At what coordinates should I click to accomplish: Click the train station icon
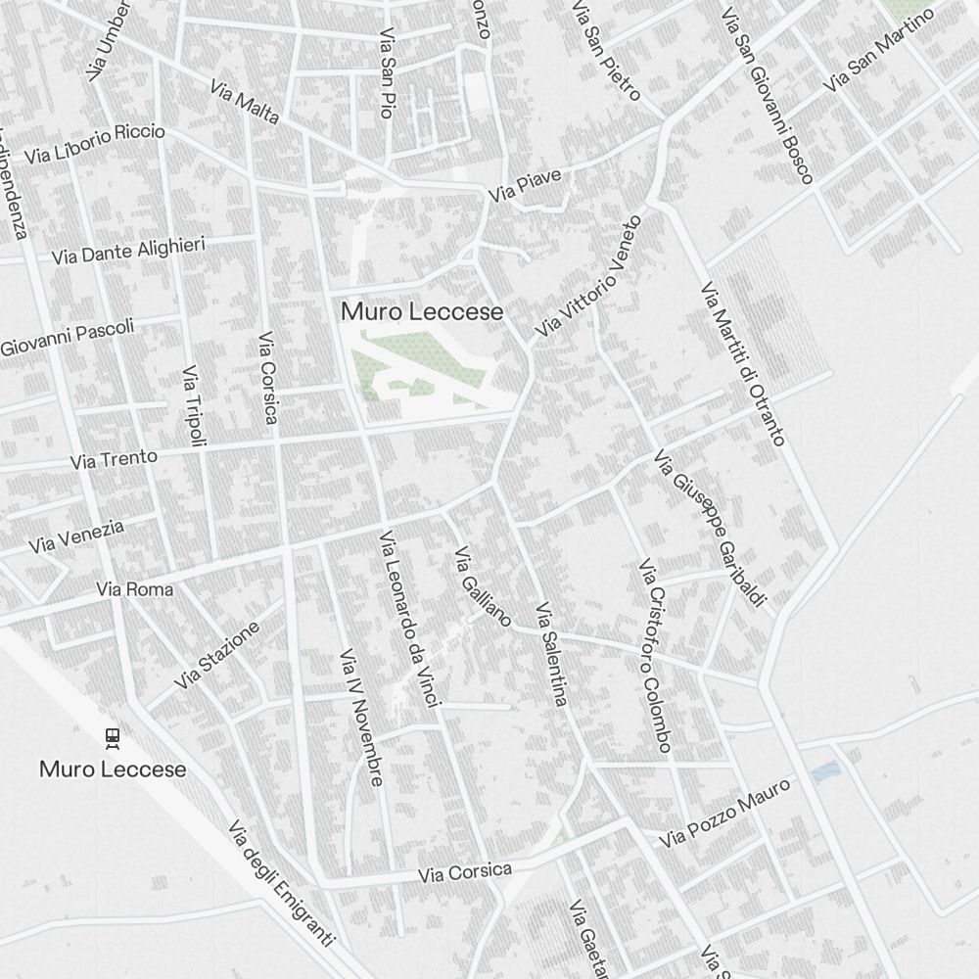click(x=112, y=737)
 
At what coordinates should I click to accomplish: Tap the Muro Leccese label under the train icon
click(x=113, y=769)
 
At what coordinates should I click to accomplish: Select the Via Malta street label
click(x=245, y=102)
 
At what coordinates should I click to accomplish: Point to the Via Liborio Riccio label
click(x=95, y=144)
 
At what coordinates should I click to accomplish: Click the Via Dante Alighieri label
click(x=128, y=250)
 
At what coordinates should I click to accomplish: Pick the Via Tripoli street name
click(x=195, y=406)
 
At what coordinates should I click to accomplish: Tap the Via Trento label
click(x=114, y=458)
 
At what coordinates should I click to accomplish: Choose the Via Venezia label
click(x=76, y=536)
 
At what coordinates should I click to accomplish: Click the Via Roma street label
click(x=135, y=589)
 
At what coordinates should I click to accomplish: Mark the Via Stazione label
click(x=217, y=654)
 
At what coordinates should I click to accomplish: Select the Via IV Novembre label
click(x=360, y=717)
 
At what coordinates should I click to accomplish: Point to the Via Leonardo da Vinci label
click(x=411, y=619)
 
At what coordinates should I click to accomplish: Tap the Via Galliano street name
click(x=482, y=587)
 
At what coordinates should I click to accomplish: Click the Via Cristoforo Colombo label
click(x=654, y=656)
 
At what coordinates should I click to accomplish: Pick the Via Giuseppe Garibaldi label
click(x=709, y=529)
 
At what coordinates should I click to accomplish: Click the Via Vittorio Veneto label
click(x=590, y=277)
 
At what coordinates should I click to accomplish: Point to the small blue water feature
click(x=825, y=771)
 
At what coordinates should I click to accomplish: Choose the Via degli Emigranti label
click(x=281, y=883)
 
